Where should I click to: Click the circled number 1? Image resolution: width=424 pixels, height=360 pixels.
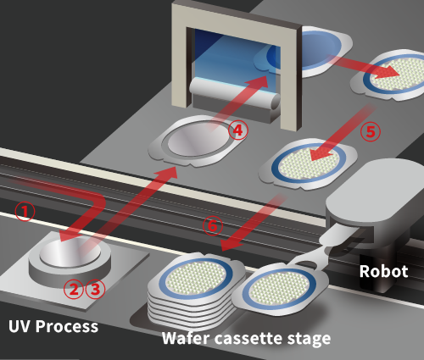(25, 211)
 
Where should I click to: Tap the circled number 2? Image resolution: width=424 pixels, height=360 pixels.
(74, 289)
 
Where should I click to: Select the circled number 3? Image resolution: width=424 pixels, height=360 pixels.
(95, 289)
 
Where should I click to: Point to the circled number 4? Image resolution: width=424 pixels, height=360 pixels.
(238, 130)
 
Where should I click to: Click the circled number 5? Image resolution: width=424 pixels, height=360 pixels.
(371, 131)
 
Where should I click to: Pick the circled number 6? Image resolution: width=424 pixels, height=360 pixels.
(213, 225)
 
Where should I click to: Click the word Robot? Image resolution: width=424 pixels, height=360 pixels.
(383, 271)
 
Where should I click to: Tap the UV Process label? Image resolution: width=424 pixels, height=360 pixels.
(53, 327)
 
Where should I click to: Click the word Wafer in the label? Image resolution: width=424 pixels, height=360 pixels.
(187, 338)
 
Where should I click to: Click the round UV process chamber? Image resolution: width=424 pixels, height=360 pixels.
(70, 258)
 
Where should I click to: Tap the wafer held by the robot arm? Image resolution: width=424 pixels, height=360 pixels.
(281, 289)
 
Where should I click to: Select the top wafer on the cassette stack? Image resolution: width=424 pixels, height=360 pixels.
(197, 277)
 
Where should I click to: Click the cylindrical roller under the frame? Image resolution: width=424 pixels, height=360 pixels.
(235, 94)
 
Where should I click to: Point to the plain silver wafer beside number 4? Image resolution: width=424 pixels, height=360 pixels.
(197, 140)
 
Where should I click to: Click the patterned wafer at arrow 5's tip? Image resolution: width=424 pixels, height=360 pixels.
(309, 163)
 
